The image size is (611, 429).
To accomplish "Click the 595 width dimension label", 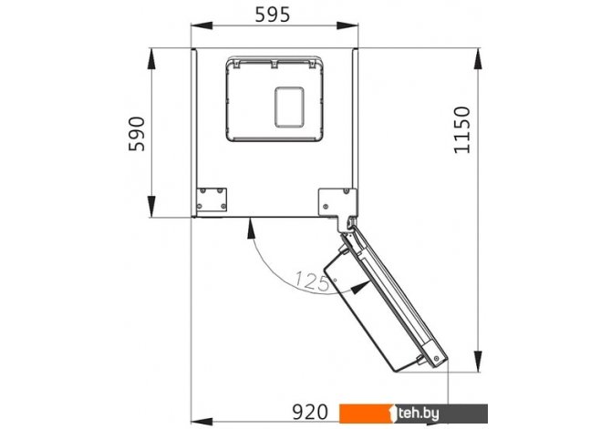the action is pos(273,15).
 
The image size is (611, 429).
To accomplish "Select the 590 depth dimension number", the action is pos(137,134).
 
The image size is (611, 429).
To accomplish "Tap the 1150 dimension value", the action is pos(462,129).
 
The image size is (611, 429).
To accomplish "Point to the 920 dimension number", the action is pos(310,413).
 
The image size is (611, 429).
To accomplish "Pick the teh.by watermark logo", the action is pos(413,414).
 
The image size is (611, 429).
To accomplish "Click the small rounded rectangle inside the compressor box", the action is pos(289,107).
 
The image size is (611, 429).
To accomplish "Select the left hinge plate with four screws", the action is pos(212,199).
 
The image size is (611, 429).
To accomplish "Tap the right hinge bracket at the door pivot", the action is pos(338,207).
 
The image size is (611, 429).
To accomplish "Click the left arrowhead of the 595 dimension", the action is pos(201,26).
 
